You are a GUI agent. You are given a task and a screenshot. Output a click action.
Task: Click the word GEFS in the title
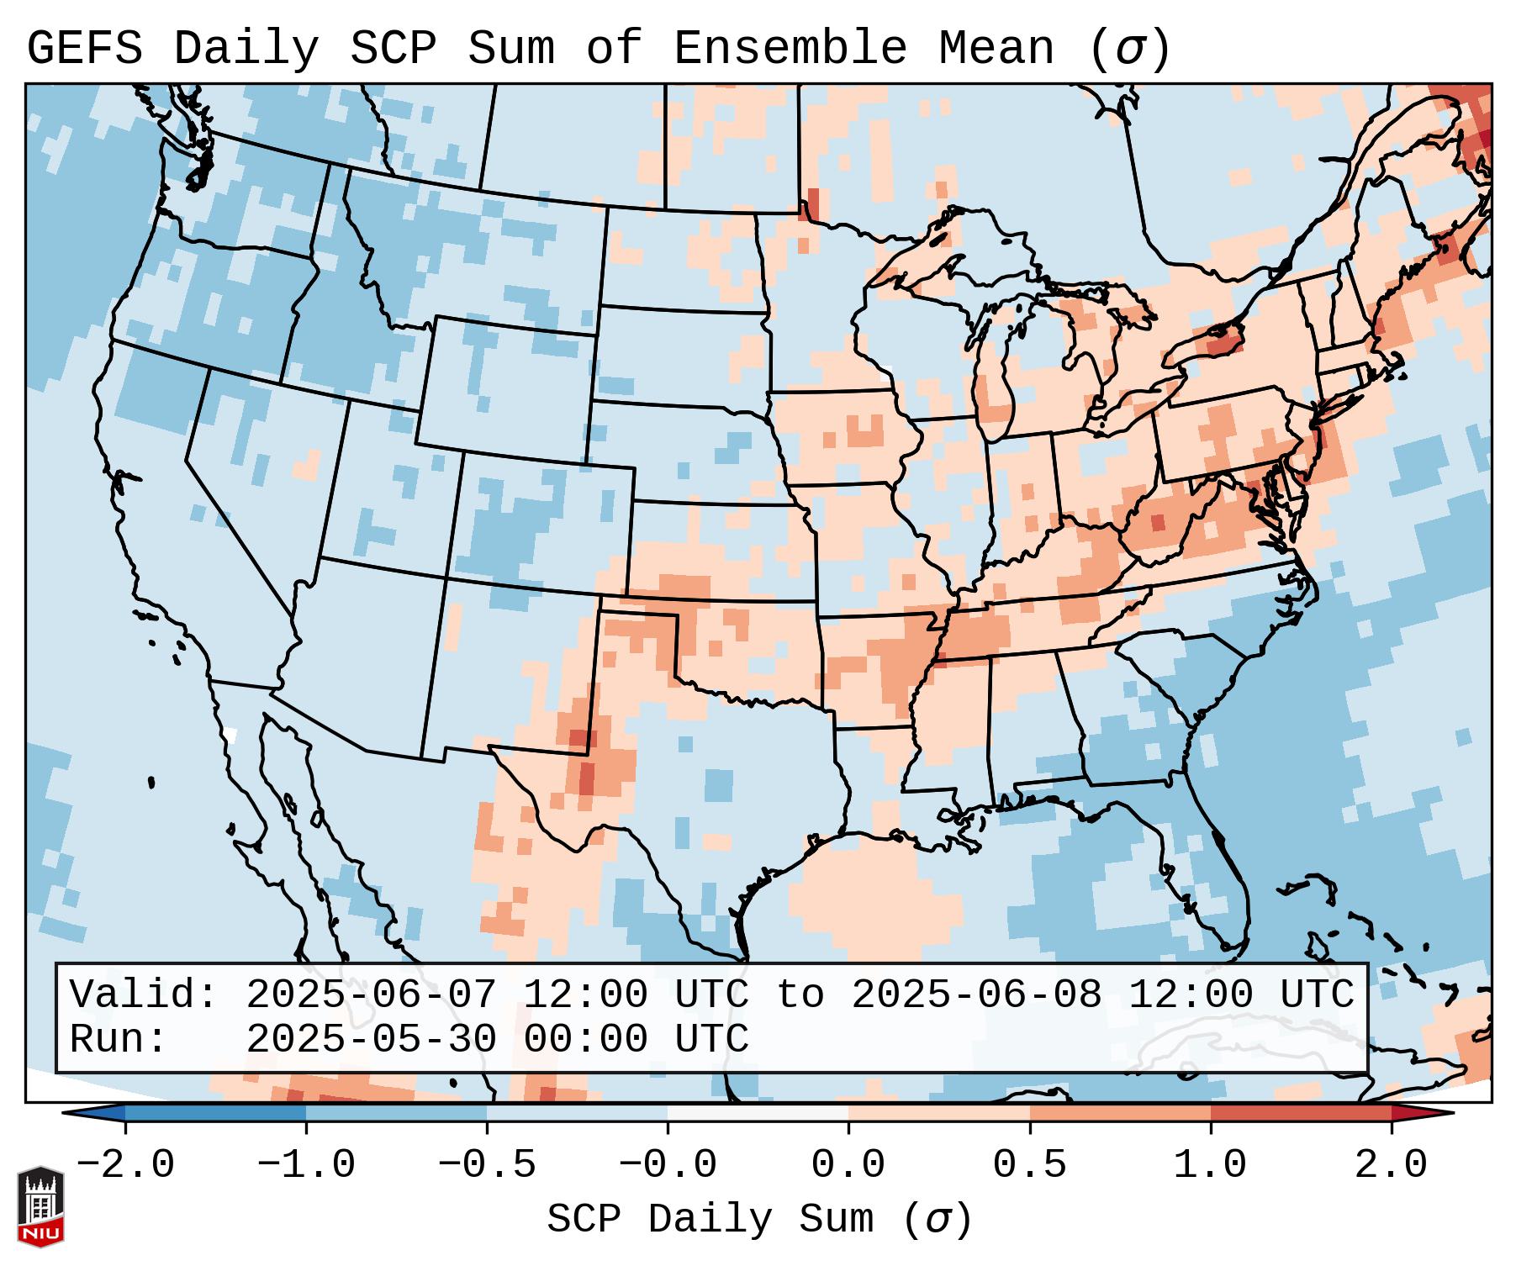click(x=84, y=49)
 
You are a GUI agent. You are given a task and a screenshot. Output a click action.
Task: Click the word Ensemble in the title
click(x=790, y=49)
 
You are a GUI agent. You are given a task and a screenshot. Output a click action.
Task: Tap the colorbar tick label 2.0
click(x=1391, y=1165)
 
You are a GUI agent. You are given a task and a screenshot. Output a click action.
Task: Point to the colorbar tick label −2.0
click(x=125, y=1165)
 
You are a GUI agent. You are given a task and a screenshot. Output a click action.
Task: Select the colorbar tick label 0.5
click(x=1029, y=1165)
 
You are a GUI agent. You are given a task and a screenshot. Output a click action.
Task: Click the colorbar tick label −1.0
click(x=306, y=1165)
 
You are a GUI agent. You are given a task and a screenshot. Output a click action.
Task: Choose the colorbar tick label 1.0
click(x=1210, y=1165)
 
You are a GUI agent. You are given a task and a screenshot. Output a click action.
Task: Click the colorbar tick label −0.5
click(x=487, y=1165)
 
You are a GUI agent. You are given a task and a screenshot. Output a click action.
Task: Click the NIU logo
click(x=40, y=1206)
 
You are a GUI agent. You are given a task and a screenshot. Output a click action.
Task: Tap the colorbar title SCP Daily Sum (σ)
click(x=759, y=1220)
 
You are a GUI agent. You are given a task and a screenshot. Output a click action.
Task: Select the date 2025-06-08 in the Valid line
click(x=976, y=995)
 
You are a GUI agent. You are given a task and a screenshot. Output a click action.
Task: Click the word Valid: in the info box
click(x=144, y=995)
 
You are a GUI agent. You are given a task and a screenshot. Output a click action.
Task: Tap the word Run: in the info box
click(x=119, y=1040)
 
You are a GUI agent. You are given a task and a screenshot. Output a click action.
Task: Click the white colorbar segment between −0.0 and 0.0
click(x=758, y=1113)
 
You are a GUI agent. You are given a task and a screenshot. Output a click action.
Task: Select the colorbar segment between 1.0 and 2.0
click(x=1301, y=1113)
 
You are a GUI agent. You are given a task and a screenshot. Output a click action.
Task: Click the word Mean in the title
click(x=996, y=49)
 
